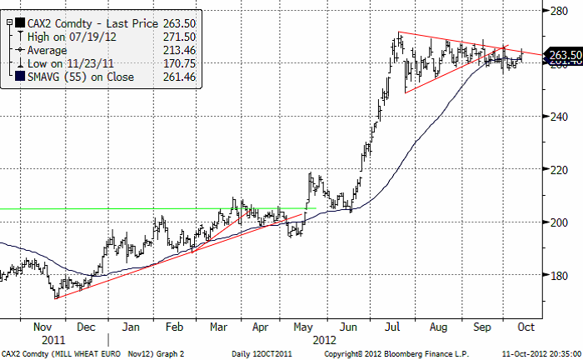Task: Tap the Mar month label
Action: pyautogui.click(x=218, y=327)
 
